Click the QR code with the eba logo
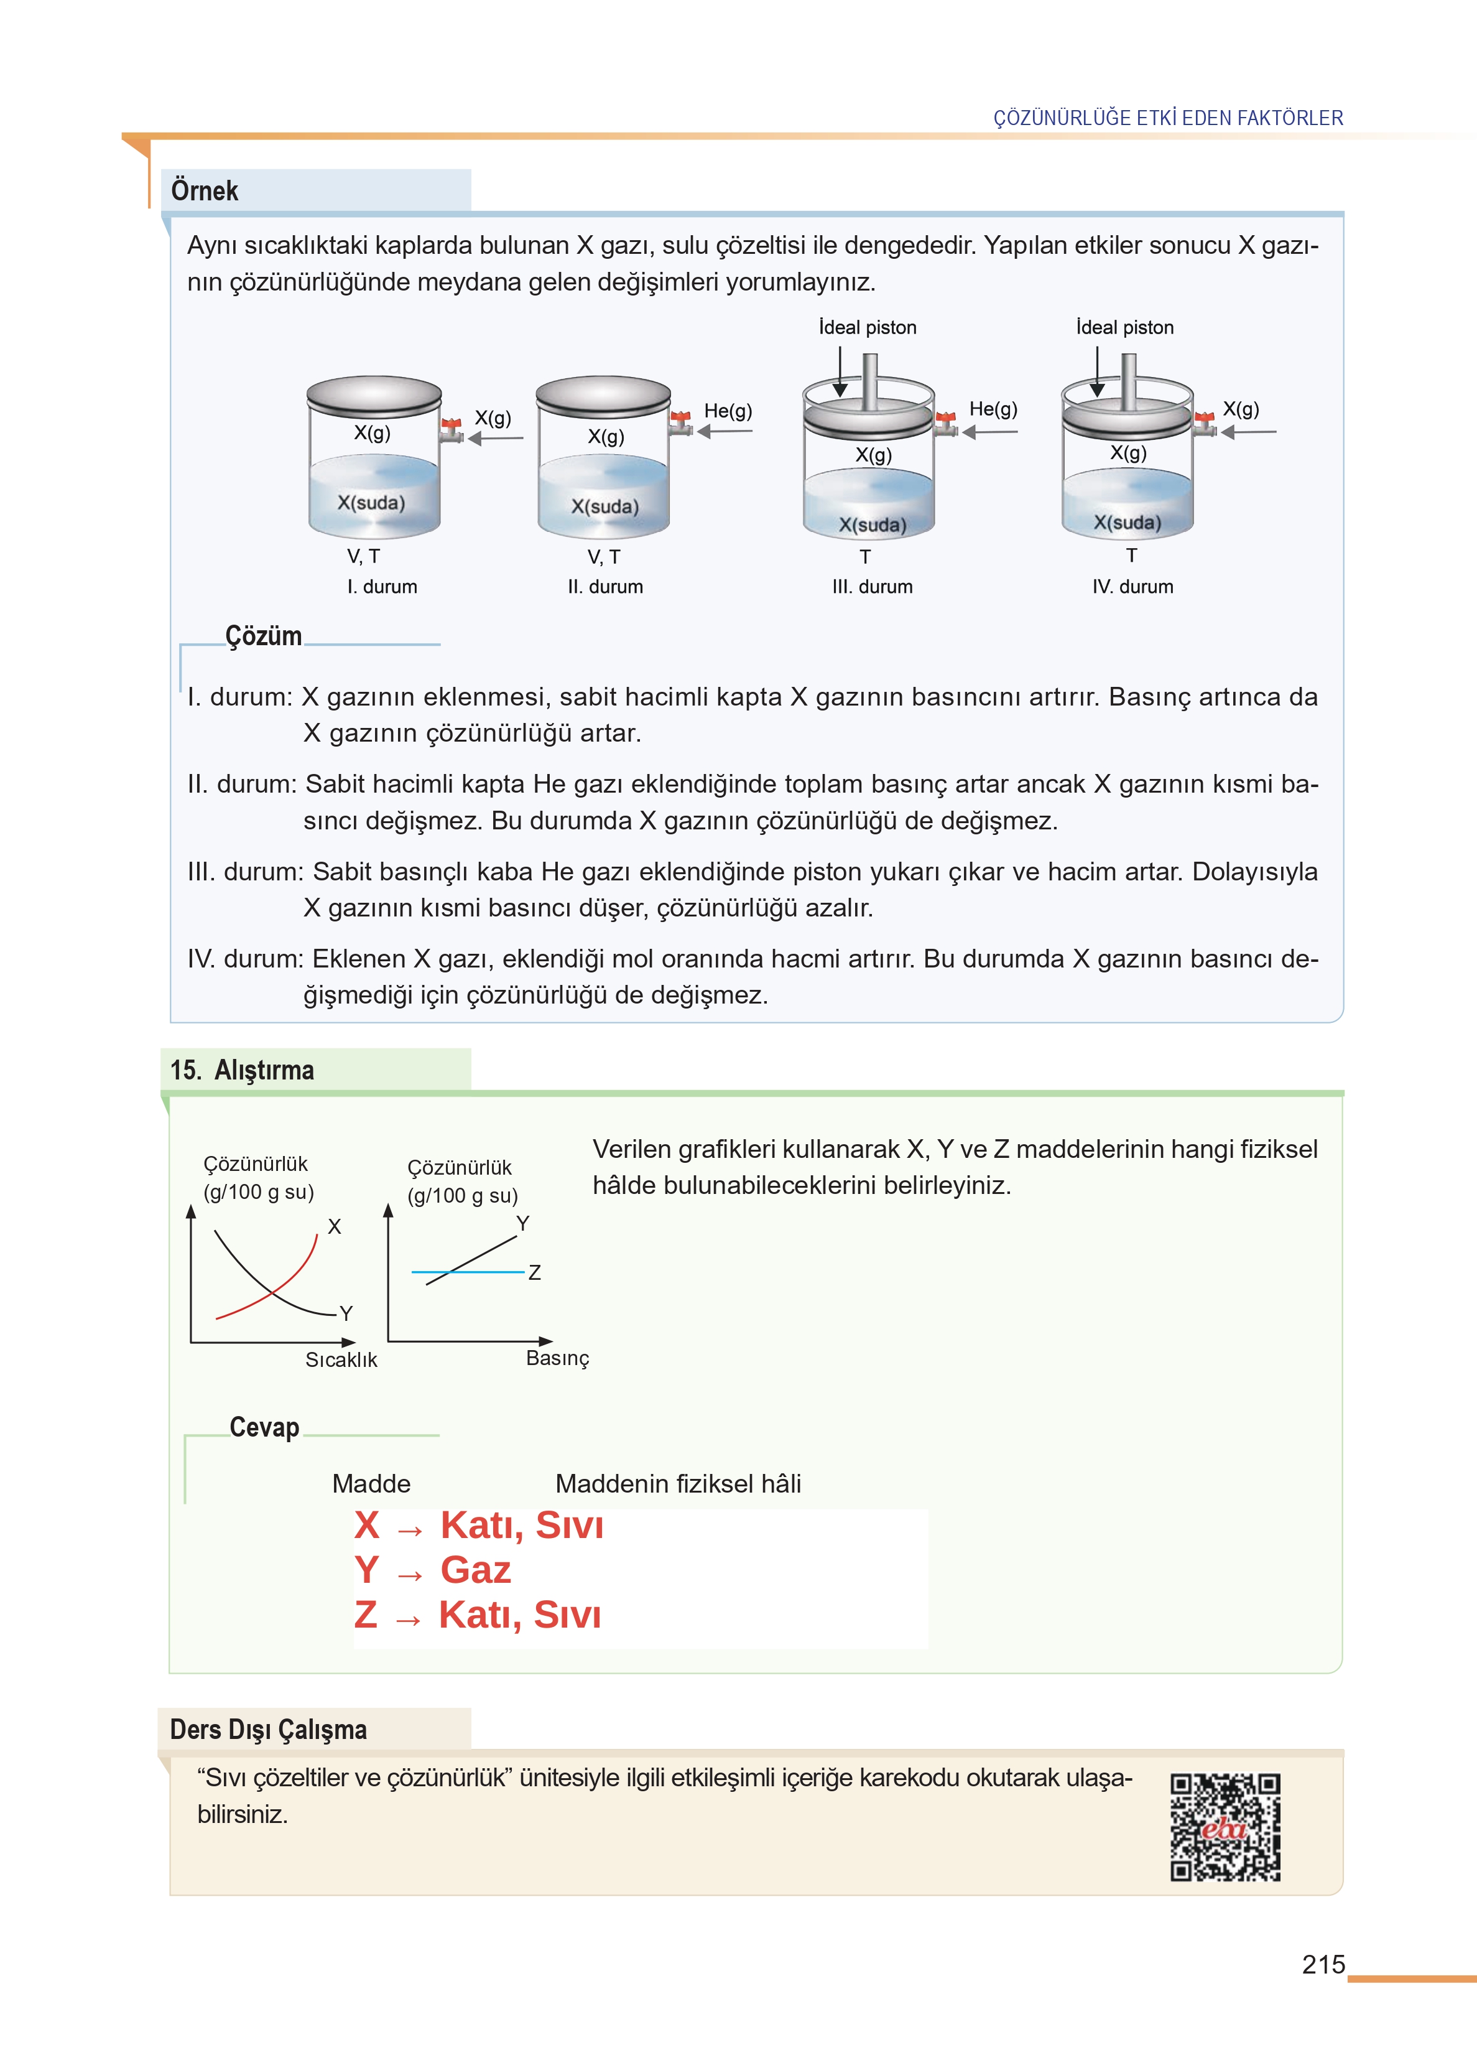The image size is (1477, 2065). [1225, 1827]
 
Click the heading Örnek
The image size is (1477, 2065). [205, 191]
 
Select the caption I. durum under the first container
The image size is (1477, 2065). [382, 587]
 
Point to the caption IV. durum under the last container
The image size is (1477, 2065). [1132, 587]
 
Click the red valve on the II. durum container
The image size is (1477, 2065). [679, 419]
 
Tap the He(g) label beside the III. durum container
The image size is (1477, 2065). [993, 409]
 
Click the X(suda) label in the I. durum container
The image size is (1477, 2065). [371, 503]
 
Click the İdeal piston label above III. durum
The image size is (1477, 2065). [868, 327]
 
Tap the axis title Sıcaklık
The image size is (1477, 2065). [341, 1360]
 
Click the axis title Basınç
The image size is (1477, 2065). [557, 1358]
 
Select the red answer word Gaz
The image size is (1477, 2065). [476, 1571]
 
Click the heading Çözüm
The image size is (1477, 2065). [264, 636]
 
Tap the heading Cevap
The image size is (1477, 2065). [264, 1427]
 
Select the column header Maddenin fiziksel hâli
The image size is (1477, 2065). [678, 1484]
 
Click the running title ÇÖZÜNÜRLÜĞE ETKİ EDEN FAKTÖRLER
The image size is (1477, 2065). [1168, 118]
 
